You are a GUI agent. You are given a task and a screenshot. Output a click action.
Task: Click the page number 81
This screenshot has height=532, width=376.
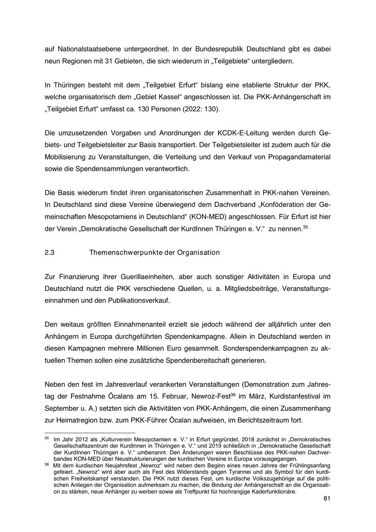pyautogui.click(x=327, y=499)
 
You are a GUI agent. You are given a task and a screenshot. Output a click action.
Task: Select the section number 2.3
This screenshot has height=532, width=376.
pyautogui.click(x=50, y=253)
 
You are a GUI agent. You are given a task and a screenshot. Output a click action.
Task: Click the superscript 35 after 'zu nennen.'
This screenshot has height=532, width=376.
pyautogui.click(x=305, y=226)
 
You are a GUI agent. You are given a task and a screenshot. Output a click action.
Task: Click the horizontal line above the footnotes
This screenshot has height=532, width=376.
pyautogui.click(x=90, y=433)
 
